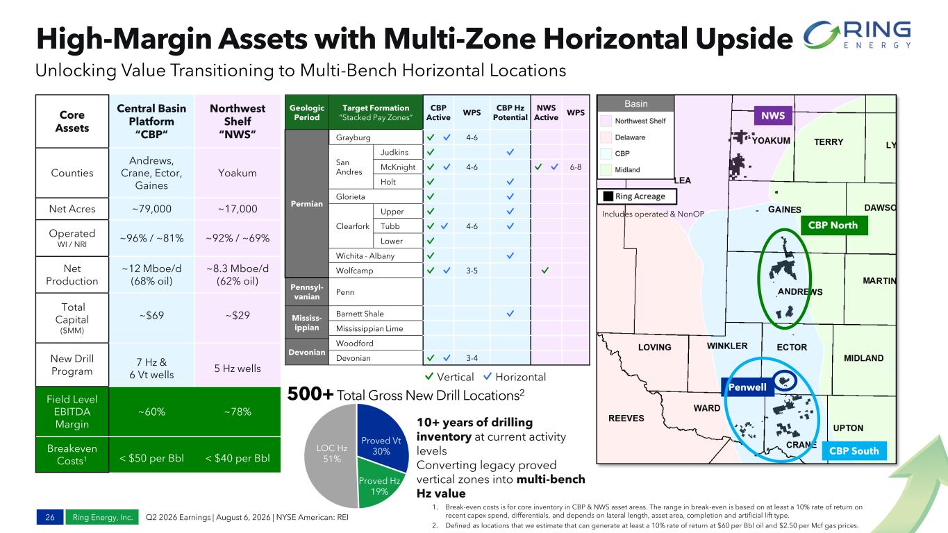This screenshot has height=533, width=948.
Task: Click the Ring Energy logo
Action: (x=857, y=34)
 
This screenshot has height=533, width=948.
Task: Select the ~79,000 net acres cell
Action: (x=151, y=208)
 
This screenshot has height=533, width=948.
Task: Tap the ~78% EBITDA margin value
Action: (x=238, y=412)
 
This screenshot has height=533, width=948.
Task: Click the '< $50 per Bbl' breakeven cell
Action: (x=151, y=458)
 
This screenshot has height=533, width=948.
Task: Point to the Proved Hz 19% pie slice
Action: (x=378, y=484)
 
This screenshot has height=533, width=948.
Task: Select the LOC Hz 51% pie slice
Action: (x=332, y=455)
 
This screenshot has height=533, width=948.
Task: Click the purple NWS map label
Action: (x=773, y=115)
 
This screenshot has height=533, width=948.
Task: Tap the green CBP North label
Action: (x=833, y=225)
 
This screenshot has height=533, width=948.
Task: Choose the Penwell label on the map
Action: (x=747, y=387)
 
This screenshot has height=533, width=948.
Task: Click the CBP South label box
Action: (x=854, y=451)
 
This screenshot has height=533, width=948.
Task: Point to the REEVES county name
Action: (x=626, y=418)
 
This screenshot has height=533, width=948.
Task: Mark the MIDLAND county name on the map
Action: (x=863, y=358)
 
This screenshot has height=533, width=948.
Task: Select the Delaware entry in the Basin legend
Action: (x=630, y=137)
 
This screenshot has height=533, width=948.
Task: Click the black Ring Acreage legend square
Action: (x=608, y=196)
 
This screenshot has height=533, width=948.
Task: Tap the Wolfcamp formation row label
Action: (x=354, y=270)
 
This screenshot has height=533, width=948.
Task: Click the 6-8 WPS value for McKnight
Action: (x=576, y=167)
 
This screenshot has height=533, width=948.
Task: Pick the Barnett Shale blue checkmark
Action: (x=510, y=314)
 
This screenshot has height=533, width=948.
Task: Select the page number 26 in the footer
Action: (x=50, y=517)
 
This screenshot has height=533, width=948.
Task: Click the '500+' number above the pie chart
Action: (x=310, y=394)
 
